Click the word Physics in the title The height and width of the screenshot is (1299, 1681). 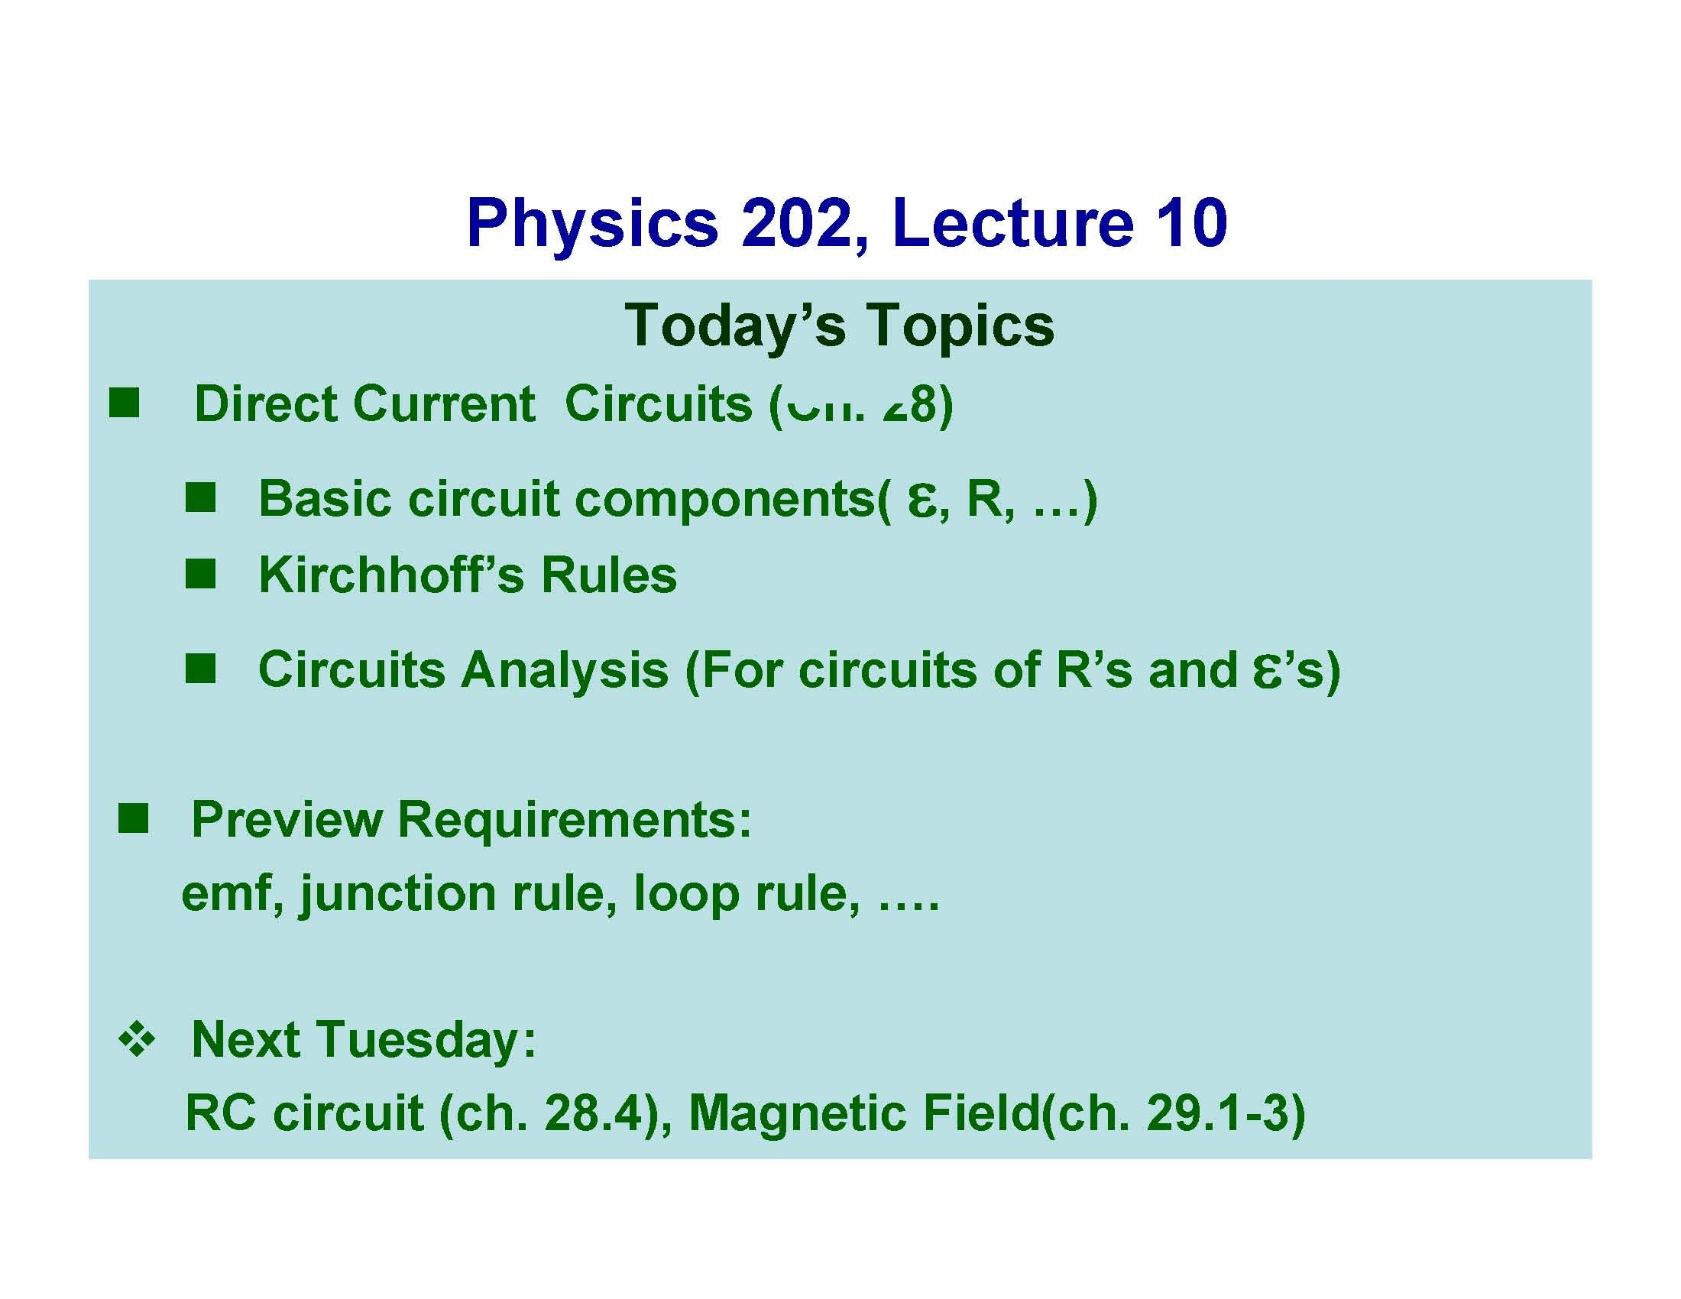pos(592,224)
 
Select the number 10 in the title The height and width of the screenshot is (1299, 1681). pos(1193,224)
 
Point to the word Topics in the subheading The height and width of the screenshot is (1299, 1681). pos(960,326)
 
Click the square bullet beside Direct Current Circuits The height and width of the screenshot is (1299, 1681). pos(124,403)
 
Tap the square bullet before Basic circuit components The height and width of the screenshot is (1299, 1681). pos(200,498)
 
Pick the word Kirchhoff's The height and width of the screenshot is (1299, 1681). pos(392,575)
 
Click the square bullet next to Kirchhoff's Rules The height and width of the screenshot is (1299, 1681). pos(200,574)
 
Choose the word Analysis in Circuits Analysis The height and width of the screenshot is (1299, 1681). pos(564,669)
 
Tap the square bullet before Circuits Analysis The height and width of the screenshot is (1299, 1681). pos(200,668)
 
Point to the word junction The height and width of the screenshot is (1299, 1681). pos(398,894)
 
